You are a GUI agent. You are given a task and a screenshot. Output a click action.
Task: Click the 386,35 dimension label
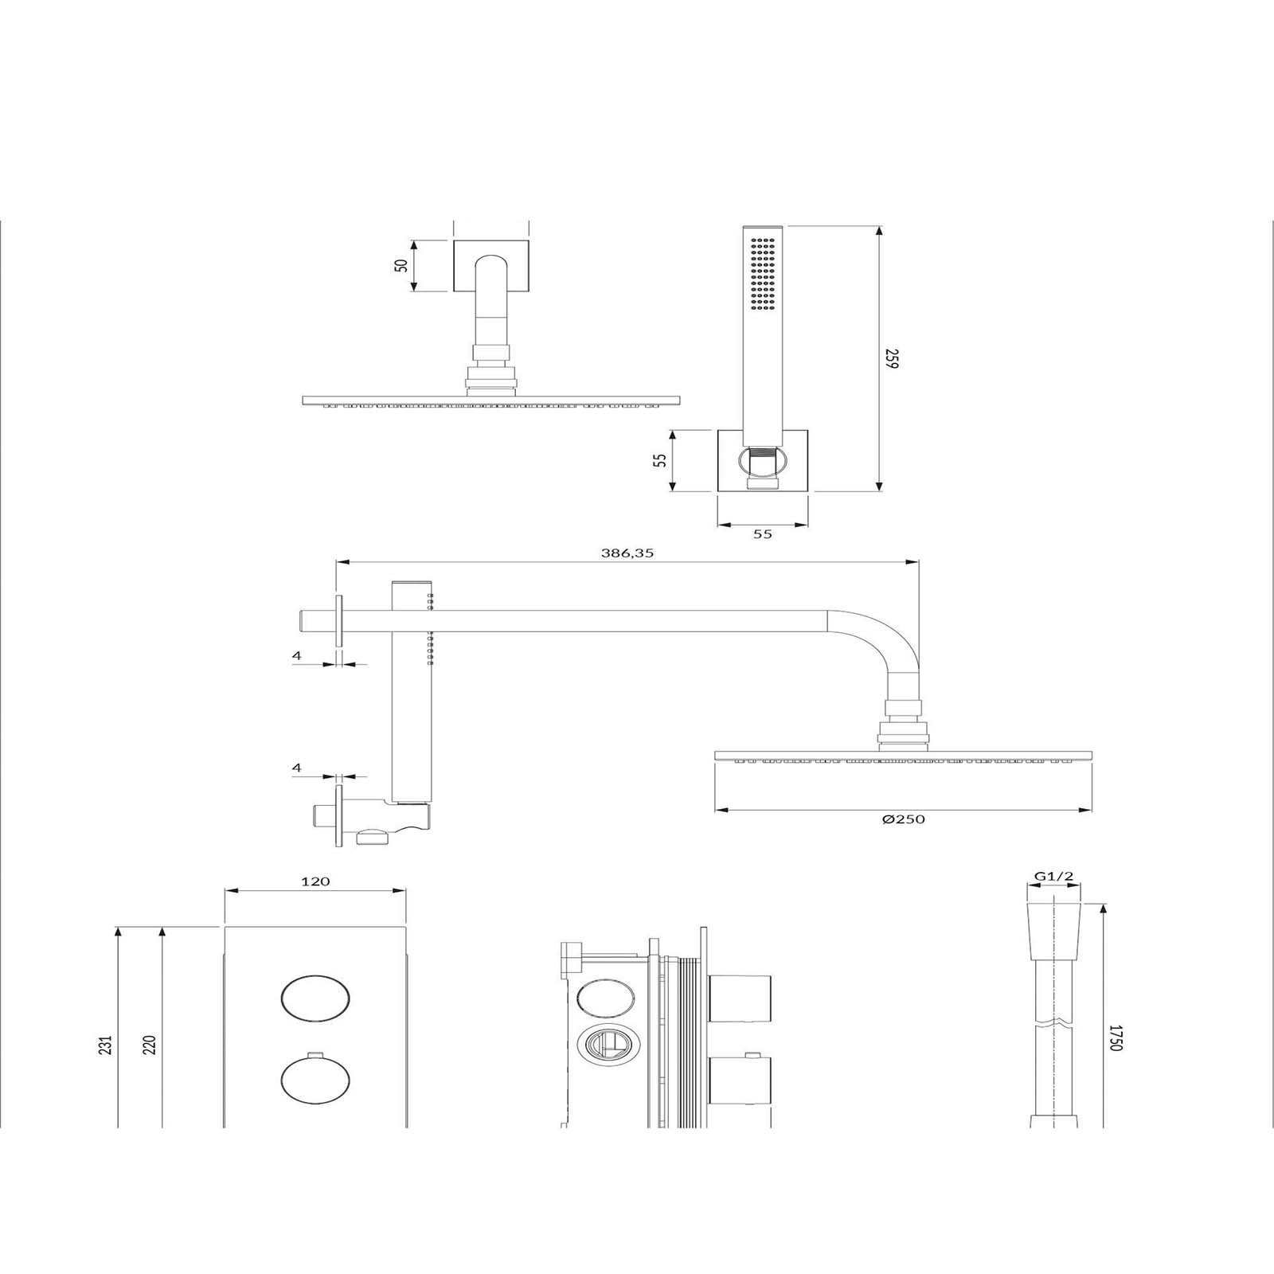point(627,553)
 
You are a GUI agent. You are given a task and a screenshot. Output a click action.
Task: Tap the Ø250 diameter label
point(904,819)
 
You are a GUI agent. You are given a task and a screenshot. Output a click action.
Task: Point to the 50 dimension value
point(403,264)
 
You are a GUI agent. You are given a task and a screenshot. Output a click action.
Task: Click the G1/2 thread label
point(1053,877)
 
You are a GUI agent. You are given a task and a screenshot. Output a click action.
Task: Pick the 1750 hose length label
point(1115,1037)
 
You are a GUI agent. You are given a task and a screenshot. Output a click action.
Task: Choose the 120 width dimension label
point(315,881)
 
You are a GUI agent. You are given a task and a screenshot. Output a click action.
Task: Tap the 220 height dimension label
point(150,1044)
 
